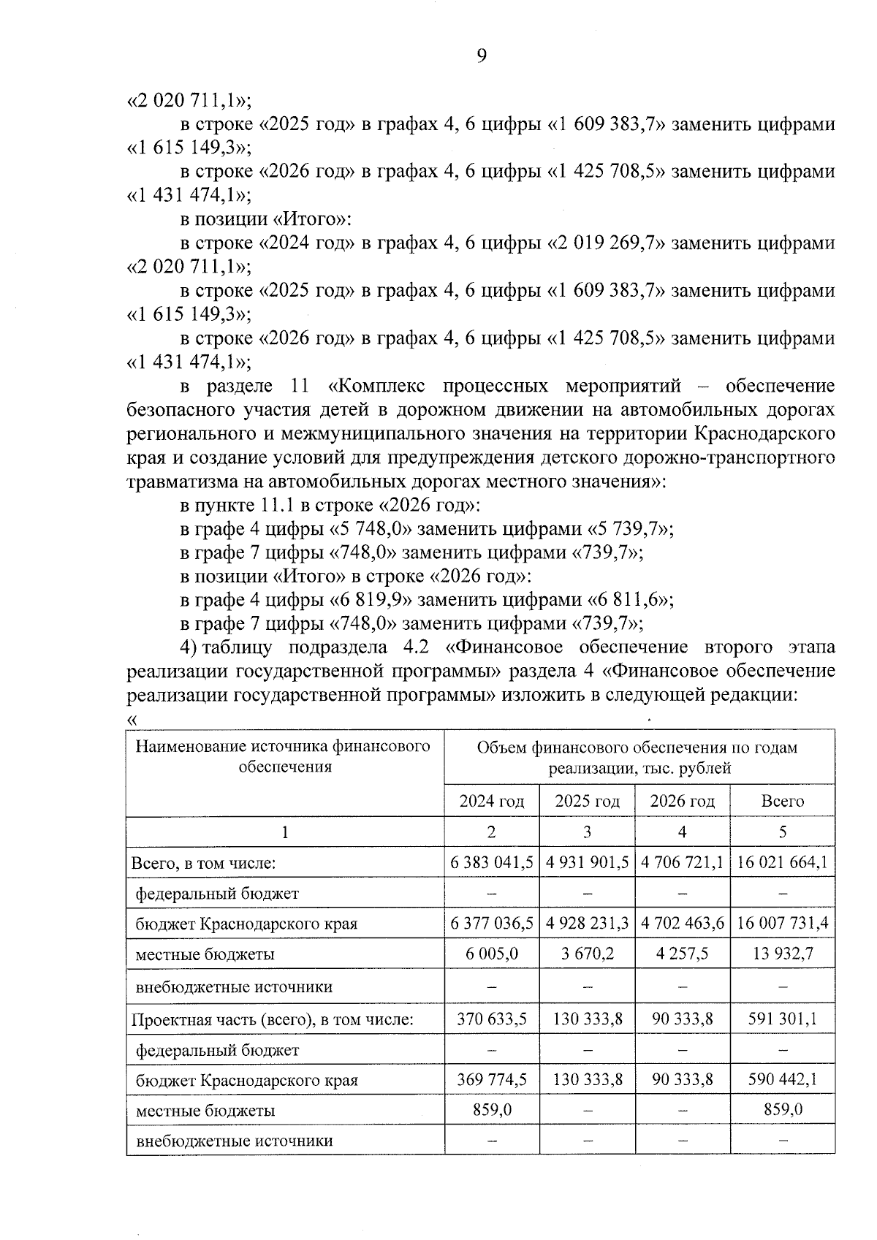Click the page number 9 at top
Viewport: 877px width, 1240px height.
point(481,56)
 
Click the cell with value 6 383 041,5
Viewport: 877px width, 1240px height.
point(491,862)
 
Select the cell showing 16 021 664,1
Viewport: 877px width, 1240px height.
point(782,862)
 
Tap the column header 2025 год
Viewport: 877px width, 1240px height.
point(587,801)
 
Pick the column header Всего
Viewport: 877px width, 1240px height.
point(782,801)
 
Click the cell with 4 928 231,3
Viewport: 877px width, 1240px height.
point(587,923)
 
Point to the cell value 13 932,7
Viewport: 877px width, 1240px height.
point(782,954)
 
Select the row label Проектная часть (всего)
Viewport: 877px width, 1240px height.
point(272,1019)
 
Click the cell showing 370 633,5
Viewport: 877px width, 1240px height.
point(491,1019)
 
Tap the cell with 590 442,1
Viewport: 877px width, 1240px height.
point(782,1079)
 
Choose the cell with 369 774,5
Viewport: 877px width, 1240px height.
point(491,1079)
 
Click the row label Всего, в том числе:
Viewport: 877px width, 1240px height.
point(203,863)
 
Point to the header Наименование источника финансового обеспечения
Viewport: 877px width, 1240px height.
point(284,756)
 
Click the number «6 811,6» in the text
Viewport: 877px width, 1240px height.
point(627,600)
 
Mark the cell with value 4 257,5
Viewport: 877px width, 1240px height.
point(682,954)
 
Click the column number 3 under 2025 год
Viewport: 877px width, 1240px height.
point(587,832)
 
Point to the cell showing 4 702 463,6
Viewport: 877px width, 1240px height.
point(682,923)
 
